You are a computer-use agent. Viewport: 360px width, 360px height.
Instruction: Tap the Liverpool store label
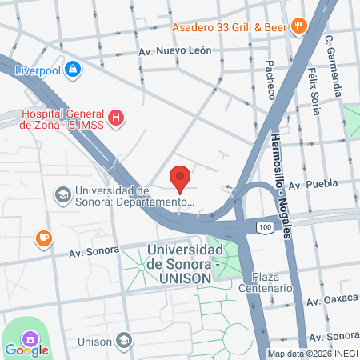click(x=38, y=70)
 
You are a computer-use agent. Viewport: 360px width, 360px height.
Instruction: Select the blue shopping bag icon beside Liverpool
click(x=74, y=70)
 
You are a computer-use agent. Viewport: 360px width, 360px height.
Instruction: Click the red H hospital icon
click(x=117, y=118)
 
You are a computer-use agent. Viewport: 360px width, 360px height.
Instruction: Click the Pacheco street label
click(x=270, y=80)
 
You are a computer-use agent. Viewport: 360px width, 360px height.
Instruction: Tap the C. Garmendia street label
click(x=338, y=66)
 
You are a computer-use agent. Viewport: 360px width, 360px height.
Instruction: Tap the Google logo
click(x=27, y=350)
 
